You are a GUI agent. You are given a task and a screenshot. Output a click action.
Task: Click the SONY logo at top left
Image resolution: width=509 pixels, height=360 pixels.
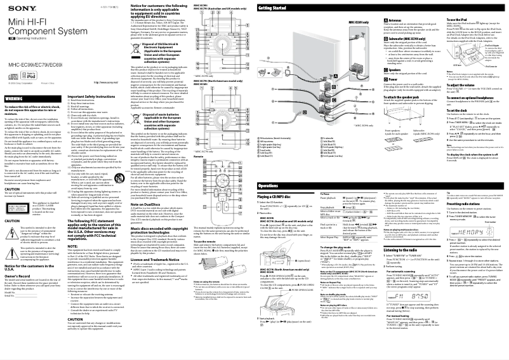(16, 7)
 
